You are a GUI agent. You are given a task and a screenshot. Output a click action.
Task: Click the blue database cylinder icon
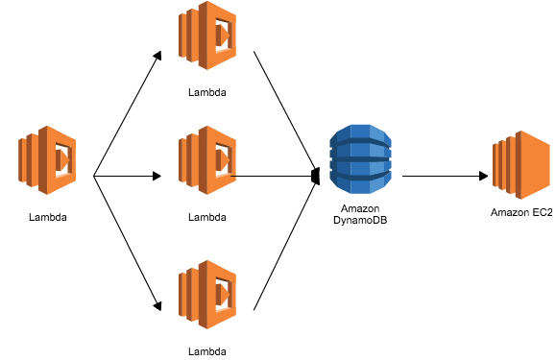click(360, 158)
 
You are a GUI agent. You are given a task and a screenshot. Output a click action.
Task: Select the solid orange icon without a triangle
click(521, 165)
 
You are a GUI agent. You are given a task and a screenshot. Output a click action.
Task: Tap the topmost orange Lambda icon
click(207, 36)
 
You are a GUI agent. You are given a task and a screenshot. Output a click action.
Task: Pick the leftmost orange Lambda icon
click(47, 160)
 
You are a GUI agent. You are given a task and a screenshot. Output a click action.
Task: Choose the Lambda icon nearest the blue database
click(207, 160)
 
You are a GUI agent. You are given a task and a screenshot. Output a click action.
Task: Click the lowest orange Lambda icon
click(207, 295)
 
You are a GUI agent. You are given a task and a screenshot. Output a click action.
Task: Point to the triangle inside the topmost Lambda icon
click(223, 36)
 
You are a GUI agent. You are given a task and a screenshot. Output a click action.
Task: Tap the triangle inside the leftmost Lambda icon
click(62, 160)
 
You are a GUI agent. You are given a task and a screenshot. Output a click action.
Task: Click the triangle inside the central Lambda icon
click(223, 160)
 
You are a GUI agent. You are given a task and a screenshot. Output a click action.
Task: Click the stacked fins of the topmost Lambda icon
click(188, 36)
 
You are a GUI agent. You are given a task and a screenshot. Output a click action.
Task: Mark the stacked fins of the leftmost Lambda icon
click(28, 160)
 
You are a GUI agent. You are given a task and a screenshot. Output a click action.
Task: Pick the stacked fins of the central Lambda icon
click(188, 160)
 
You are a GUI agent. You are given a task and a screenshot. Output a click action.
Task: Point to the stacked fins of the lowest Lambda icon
click(188, 295)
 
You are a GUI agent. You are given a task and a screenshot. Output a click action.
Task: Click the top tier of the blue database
click(360, 133)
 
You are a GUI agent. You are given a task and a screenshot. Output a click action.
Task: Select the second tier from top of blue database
click(360, 151)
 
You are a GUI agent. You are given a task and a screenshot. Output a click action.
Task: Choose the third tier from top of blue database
click(360, 168)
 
